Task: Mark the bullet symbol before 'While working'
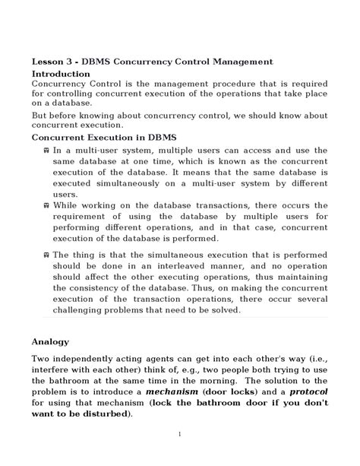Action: (47, 206)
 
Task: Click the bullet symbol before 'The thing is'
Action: (47, 256)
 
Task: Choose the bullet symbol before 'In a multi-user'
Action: (47, 151)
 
